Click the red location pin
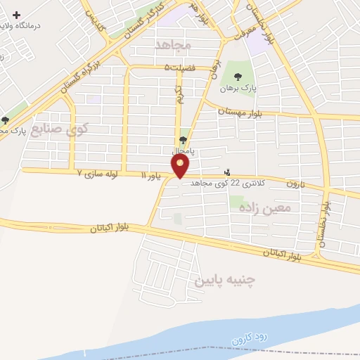[x=181, y=167]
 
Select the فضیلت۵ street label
[x=177, y=67]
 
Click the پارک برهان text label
[x=233, y=88]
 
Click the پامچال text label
[x=183, y=150]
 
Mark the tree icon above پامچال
[x=184, y=140]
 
